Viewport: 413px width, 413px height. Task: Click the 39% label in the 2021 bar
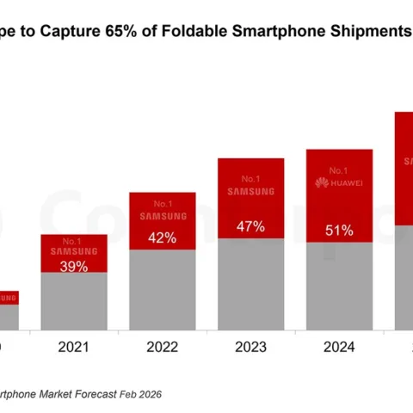[74, 267]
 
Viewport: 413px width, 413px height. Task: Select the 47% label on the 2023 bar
[250, 227]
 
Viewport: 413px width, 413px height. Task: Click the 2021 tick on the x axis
[74, 349]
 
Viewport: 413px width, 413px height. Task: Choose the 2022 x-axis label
[162, 349]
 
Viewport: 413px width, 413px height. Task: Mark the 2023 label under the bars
[250, 349]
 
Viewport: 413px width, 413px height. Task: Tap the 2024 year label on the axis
[339, 349]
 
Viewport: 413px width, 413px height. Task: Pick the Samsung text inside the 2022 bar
[162, 218]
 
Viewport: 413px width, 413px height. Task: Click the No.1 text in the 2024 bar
[339, 170]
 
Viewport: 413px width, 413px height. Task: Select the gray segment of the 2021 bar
[74, 301]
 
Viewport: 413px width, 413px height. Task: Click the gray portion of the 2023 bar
[250, 284]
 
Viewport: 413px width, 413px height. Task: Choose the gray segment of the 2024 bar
[339, 286]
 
